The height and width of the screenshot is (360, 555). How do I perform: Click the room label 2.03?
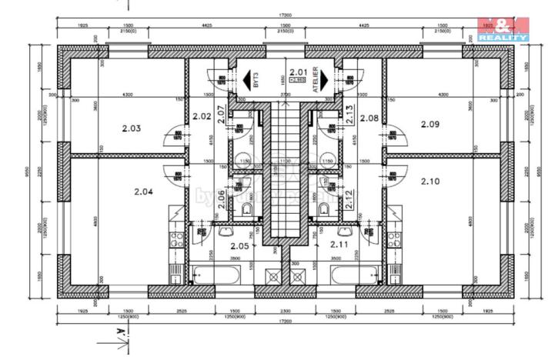coord(132,128)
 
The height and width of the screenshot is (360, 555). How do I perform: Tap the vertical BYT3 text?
coord(256,82)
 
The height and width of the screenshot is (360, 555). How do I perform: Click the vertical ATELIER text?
coord(316,82)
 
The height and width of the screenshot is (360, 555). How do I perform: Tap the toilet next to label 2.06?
coord(247,210)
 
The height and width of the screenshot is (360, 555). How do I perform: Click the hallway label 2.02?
coord(202,117)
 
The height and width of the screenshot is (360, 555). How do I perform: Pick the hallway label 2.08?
coord(369,118)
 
